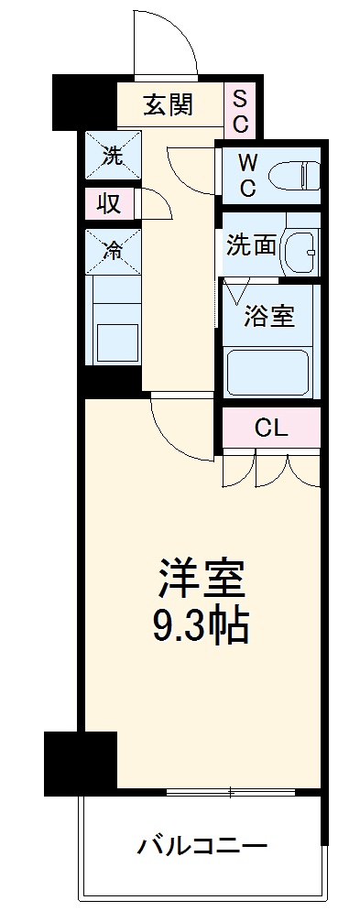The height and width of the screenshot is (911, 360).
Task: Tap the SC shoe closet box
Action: (x=239, y=109)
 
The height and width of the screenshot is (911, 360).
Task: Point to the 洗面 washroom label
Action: (x=252, y=245)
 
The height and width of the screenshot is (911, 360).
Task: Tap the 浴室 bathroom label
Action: (x=268, y=317)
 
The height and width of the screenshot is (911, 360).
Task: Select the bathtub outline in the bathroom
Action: (x=268, y=373)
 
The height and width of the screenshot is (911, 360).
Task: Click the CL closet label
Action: (x=272, y=428)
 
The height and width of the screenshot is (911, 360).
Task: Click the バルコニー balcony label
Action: (x=202, y=844)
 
